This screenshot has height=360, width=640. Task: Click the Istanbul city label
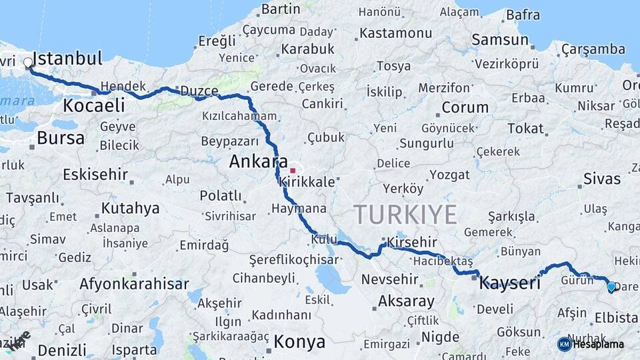67,58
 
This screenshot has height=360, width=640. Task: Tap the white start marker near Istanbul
28,63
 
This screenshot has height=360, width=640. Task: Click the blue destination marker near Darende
611,287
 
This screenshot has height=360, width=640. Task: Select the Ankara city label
258,161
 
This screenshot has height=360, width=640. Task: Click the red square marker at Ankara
292,153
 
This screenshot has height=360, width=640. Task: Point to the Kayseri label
509,283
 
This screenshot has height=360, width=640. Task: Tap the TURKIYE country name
405,215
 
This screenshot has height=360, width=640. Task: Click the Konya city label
299,342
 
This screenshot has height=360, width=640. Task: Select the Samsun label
499,39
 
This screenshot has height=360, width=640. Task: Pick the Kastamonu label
395,33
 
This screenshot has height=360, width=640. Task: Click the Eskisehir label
95,175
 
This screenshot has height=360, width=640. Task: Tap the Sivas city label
601,179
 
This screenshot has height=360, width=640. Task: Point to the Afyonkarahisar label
134,284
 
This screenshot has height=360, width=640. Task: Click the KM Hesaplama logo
591,344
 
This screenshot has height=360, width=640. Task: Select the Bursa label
61,138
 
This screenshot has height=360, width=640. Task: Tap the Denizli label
62,350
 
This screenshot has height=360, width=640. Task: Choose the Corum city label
465,107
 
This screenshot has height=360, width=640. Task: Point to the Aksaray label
406,301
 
